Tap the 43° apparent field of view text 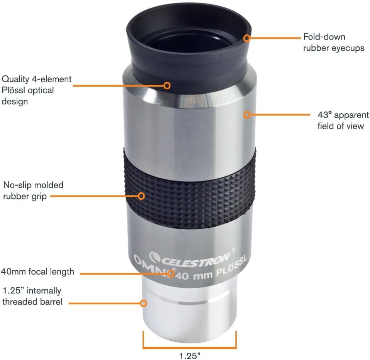343,121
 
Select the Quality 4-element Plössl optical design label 37,90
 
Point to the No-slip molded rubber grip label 33,190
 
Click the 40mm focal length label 37,271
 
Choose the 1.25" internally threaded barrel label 32,296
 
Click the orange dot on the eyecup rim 247,38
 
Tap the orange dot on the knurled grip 141,196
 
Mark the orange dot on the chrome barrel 144,303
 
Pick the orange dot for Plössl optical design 167,85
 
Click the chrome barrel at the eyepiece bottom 189,309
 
